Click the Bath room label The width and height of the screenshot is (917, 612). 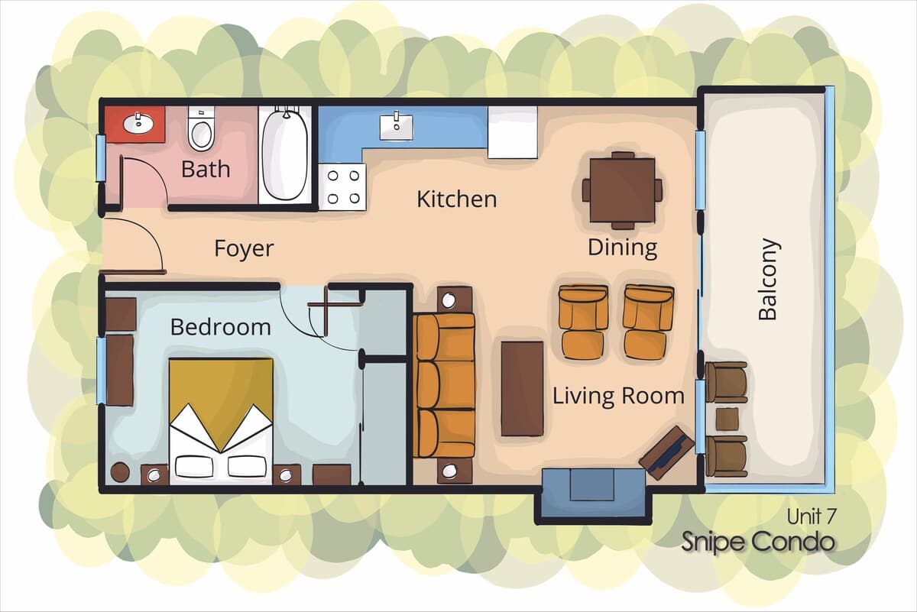pos(206,169)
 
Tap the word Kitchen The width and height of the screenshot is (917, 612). pos(457,199)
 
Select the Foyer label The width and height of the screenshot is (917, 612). pos(244,248)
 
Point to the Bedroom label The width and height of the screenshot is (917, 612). pos(221,327)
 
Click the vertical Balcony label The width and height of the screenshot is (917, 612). pos(768,279)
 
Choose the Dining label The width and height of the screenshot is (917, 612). pos(623,248)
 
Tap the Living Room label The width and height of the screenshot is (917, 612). pos(618,396)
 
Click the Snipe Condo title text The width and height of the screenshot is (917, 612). pos(758,542)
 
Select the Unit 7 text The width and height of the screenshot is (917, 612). pos(811,516)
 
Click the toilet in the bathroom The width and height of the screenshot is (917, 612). pos(201,128)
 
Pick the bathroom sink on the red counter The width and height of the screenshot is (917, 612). pos(138,124)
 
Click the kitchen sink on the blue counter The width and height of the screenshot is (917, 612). pos(396,128)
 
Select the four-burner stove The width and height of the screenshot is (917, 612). pos(342,187)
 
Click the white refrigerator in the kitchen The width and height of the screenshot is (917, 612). pos(513,132)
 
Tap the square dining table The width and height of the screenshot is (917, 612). pos(622,190)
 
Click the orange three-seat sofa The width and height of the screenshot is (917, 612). pos(444,385)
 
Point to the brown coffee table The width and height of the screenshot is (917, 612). pos(523,389)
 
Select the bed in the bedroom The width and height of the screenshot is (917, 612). pos(221,421)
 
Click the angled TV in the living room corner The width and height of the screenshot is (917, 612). pos(666,453)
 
